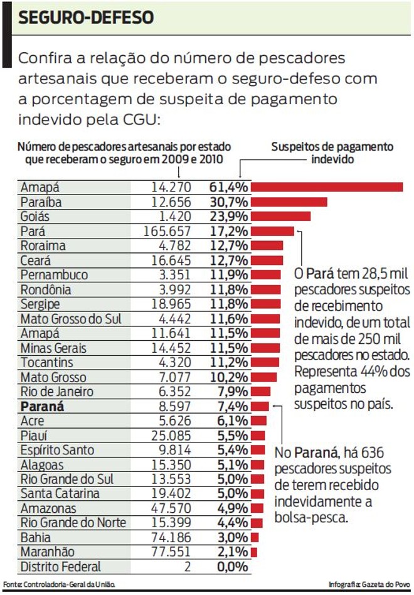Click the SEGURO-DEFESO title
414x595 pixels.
pos(87,17)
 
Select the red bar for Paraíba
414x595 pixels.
pos(289,201)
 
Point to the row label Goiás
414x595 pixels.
pos(35,217)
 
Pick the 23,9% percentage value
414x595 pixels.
pos(229,217)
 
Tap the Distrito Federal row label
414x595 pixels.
pos(60,567)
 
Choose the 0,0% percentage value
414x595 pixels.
pos(231,567)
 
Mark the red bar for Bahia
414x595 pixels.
pos(255,537)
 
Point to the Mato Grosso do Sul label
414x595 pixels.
pos(70,319)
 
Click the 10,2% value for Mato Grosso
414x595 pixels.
pos(229,377)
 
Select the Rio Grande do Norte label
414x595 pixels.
pos(73,523)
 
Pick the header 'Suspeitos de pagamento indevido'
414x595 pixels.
pos(332,153)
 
